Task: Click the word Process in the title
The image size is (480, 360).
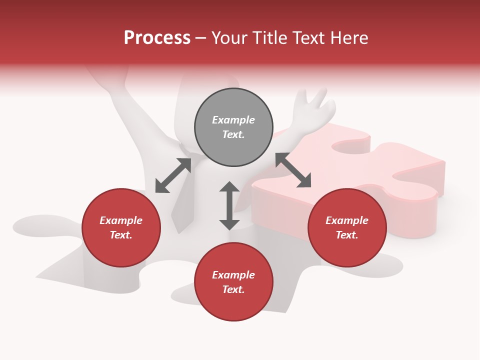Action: pos(157,38)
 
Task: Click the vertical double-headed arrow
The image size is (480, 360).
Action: pos(229,205)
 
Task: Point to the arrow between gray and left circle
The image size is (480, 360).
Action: pos(173,175)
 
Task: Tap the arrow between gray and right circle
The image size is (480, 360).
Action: pos(293,170)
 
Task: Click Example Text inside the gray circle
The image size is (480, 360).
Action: pos(233,127)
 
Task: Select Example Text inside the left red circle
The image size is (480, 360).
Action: pos(121,227)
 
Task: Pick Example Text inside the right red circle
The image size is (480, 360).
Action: pos(347,227)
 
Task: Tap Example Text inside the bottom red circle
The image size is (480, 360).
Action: pos(233,282)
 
